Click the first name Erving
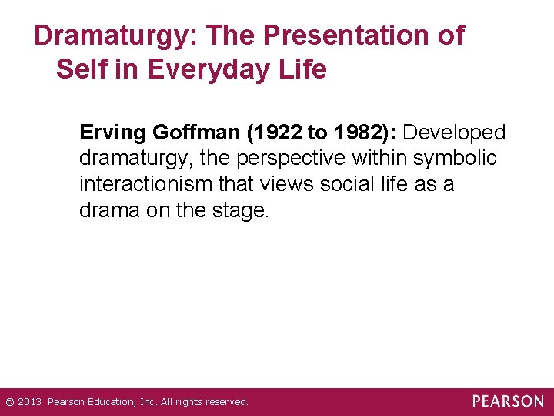point(112,133)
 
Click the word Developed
point(454,133)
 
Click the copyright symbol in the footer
point(9,402)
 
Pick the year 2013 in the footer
point(30,402)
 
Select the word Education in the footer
point(112,402)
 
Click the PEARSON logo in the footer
point(508,401)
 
